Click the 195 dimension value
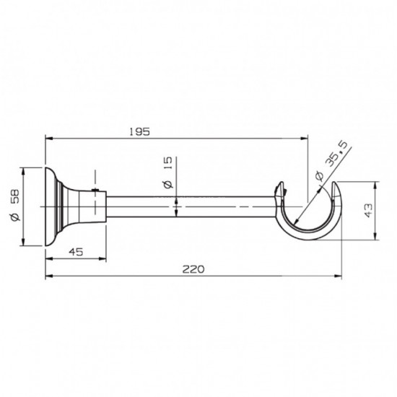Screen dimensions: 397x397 [x=139, y=132]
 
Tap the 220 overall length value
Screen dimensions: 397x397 [x=193, y=269]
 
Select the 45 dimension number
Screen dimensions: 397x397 [x=76, y=252]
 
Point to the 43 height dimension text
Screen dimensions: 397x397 [x=369, y=210]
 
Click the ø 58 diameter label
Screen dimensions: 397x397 [x=15, y=205]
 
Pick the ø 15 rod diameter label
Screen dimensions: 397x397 [x=168, y=173]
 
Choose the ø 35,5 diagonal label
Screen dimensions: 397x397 [x=332, y=163]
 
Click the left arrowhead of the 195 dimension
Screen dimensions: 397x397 [x=49, y=139]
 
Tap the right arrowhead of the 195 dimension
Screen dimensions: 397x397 [x=304, y=139]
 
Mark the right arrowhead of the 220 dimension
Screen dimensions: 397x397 [x=338, y=276]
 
